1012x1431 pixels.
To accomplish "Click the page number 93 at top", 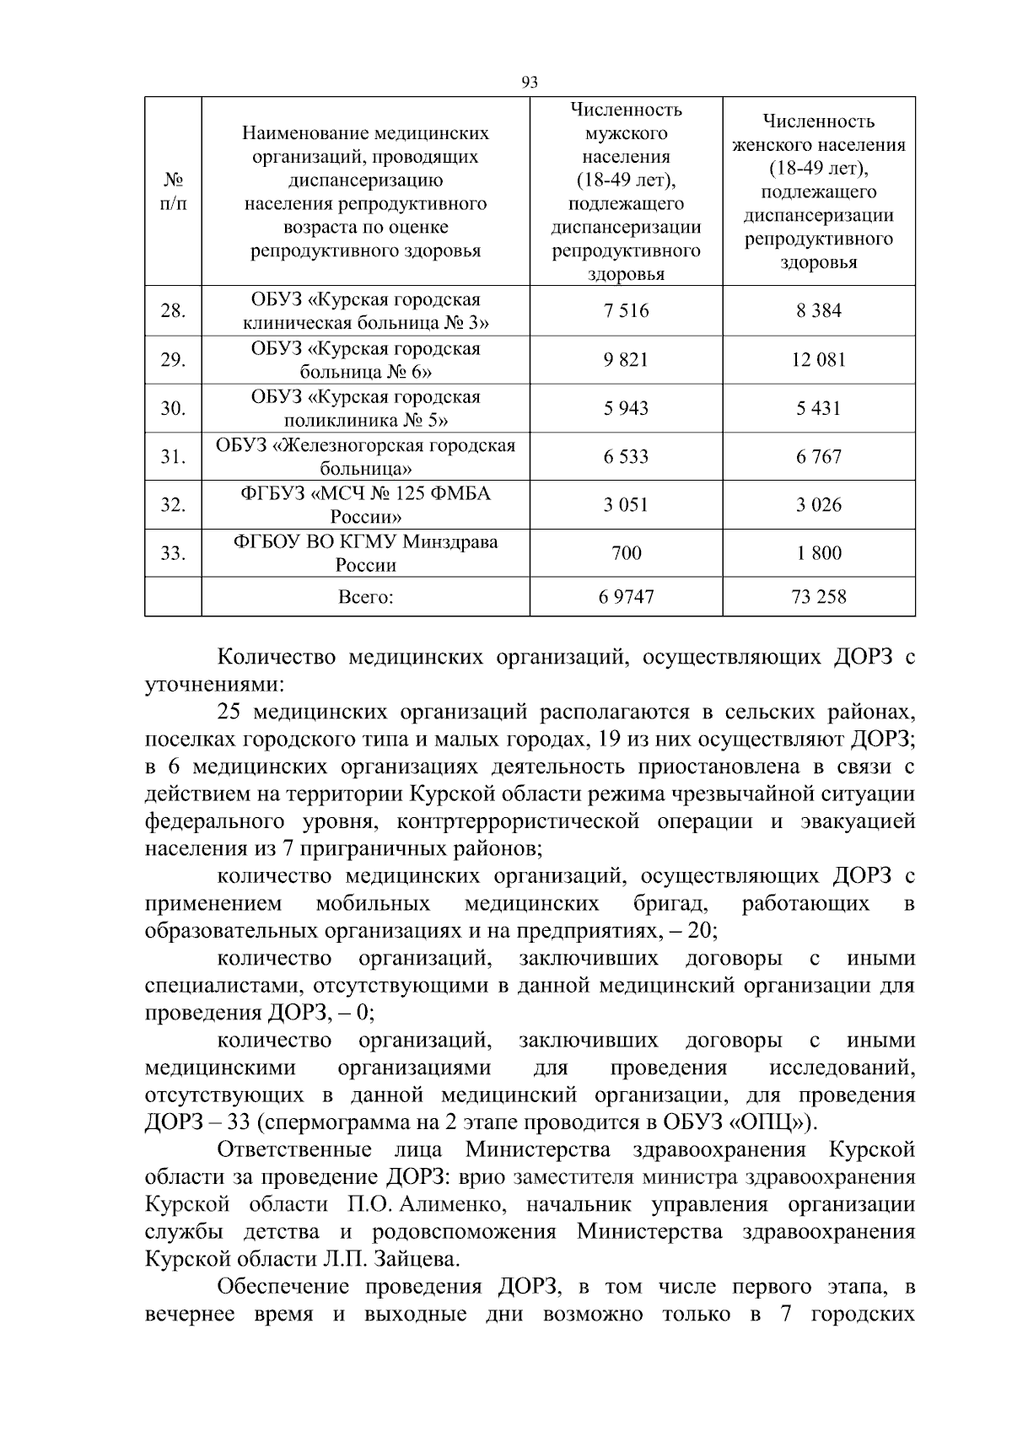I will [x=530, y=83].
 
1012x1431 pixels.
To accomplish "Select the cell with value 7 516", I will [x=626, y=311].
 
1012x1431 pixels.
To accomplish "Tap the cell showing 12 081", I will [x=818, y=360].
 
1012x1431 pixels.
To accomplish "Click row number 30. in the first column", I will [x=173, y=409].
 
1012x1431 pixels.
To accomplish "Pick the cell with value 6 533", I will [x=626, y=457].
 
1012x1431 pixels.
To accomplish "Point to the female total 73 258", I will [x=818, y=598].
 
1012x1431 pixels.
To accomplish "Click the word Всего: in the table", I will [x=365, y=598].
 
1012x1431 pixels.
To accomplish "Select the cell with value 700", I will [x=626, y=554].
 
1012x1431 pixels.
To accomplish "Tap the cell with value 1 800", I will [x=818, y=554].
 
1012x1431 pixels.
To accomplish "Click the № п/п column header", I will [x=173, y=192].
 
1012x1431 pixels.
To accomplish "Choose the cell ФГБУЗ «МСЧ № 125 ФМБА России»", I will [x=365, y=505].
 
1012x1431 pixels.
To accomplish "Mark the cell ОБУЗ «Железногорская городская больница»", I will [x=365, y=457].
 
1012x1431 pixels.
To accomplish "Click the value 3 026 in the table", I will [x=818, y=505].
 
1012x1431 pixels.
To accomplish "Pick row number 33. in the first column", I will [x=173, y=554].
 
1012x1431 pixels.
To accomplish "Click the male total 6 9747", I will [x=626, y=598].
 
